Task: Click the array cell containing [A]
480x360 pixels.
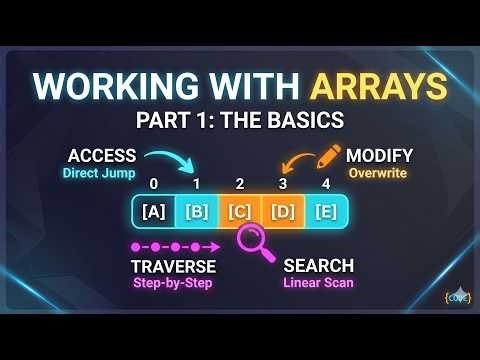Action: point(155,211)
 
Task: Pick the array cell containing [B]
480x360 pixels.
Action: point(197,211)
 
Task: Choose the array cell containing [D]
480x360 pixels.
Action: point(282,211)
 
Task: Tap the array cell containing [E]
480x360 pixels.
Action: point(325,211)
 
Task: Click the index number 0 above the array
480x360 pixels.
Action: point(154,184)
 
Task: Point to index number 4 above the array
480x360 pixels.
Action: point(325,184)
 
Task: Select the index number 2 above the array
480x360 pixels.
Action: point(240,184)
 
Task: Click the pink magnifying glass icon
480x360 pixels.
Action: point(254,241)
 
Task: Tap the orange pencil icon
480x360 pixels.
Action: point(327,156)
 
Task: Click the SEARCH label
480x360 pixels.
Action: point(319,266)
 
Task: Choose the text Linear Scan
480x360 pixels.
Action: point(319,283)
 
